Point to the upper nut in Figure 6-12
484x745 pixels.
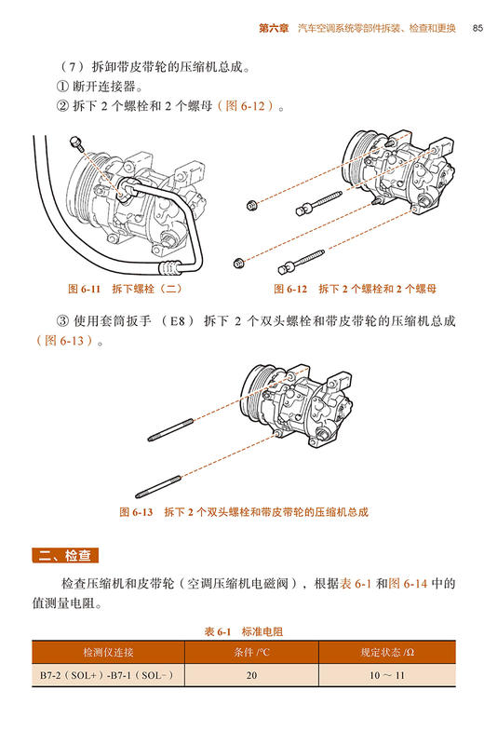tap(252, 205)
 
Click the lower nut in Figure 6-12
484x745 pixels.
tap(240, 261)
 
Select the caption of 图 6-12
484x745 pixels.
tap(355, 289)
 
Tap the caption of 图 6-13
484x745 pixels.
tap(244, 512)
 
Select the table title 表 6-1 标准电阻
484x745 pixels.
tap(243, 631)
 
